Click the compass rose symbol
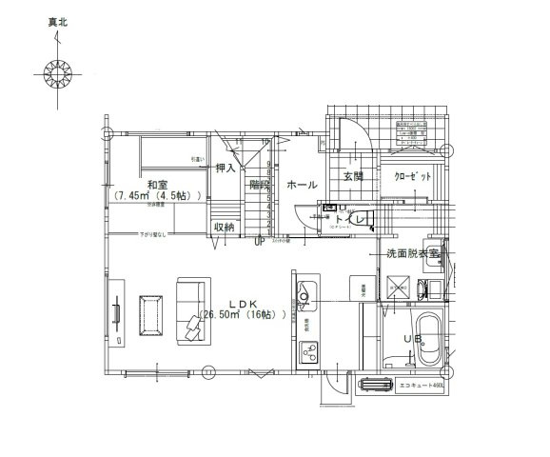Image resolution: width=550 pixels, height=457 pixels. coord(58,73)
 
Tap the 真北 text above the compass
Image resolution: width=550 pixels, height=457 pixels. coord(59,19)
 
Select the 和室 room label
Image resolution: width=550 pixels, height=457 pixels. coord(158,184)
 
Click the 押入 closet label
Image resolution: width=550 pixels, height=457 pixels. coord(226,169)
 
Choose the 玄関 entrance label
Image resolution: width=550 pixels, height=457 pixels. coord(353,176)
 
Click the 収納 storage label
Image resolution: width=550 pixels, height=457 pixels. coord(225,227)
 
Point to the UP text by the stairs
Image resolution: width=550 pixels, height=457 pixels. coord(259,242)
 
